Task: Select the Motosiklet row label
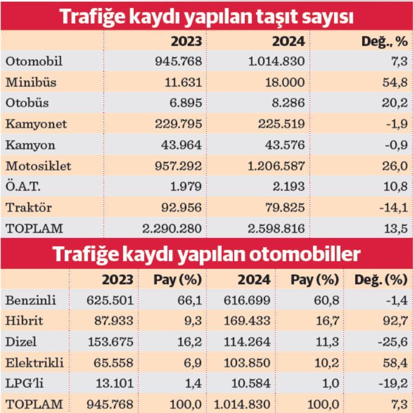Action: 39,167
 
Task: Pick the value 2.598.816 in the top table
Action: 276,229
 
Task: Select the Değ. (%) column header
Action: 381,280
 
